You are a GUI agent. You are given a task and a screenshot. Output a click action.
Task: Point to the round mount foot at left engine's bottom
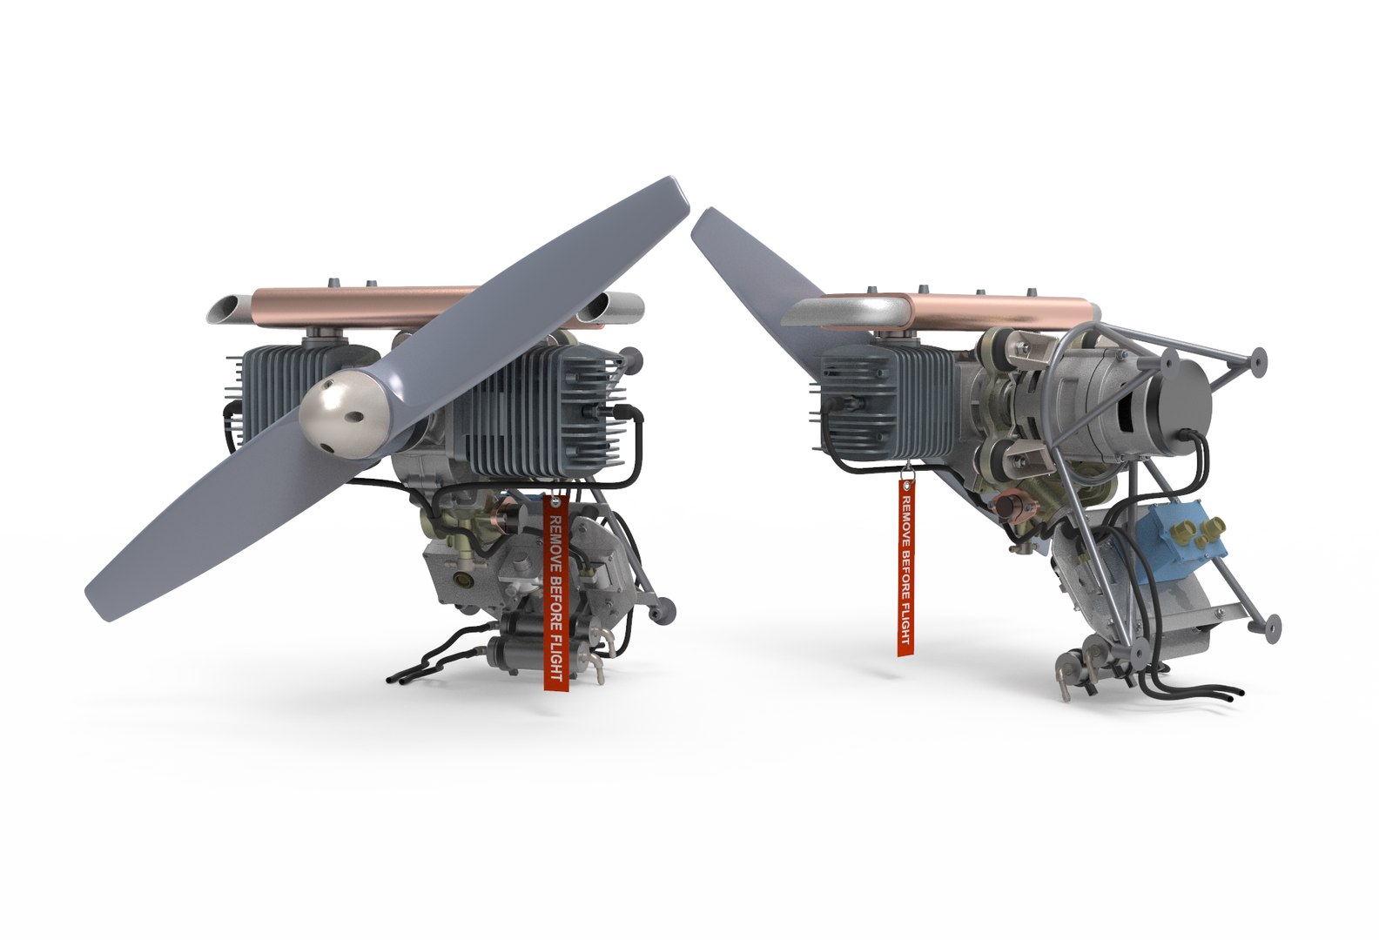pos(665,613)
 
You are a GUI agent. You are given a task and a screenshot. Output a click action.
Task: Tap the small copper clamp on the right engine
pos(1014,507)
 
